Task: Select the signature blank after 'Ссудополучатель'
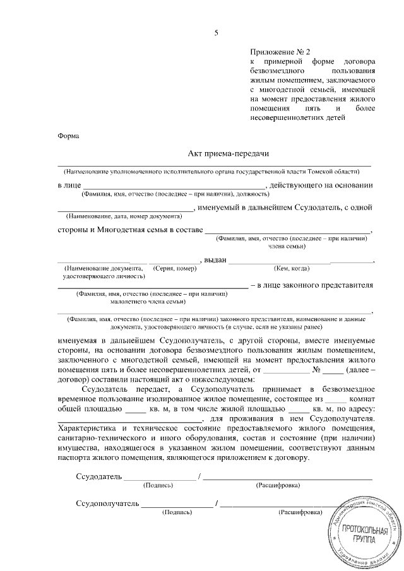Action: click(177, 503)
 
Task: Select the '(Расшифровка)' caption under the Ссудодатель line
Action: click(278, 485)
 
